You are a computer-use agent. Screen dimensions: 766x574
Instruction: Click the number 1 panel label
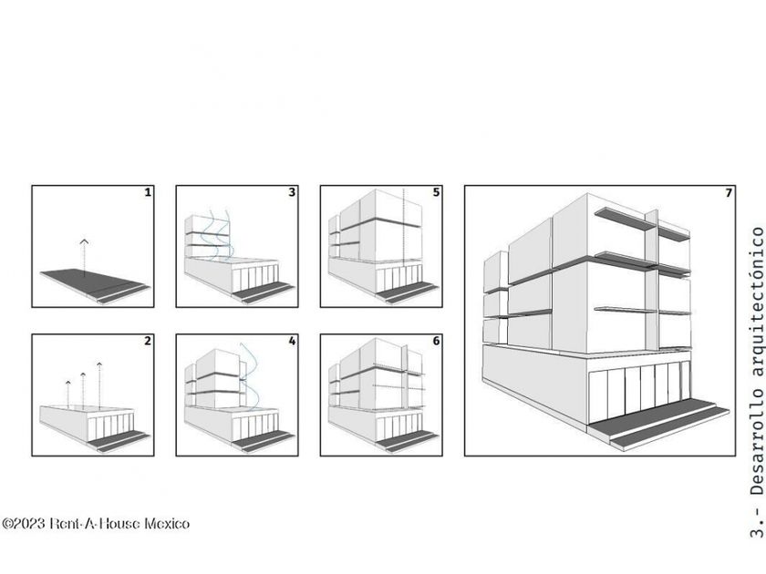click(x=148, y=192)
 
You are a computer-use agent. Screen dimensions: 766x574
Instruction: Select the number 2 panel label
click(x=148, y=341)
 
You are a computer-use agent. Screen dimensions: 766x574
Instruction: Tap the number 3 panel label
click(x=292, y=192)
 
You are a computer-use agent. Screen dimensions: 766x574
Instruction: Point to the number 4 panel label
click(x=292, y=341)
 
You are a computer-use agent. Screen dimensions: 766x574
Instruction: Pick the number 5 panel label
click(x=436, y=192)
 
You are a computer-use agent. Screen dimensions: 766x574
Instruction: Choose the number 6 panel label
click(x=436, y=341)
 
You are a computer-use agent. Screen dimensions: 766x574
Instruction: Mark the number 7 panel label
click(x=729, y=193)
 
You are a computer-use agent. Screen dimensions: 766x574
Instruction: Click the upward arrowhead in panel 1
click(x=84, y=241)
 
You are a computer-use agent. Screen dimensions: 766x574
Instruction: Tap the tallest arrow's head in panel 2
click(x=99, y=364)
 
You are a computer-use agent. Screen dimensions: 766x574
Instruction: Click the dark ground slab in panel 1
click(x=93, y=282)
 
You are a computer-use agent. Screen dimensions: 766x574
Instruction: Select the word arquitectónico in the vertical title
click(x=756, y=302)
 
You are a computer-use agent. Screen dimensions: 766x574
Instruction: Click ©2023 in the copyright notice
click(x=24, y=524)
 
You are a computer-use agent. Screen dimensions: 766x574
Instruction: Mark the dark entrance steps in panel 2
click(x=119, y=440)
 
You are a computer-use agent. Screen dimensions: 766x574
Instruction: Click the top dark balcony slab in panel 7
click(x=624, y=220)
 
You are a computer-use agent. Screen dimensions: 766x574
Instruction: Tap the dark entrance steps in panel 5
click(x=408, y=292)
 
